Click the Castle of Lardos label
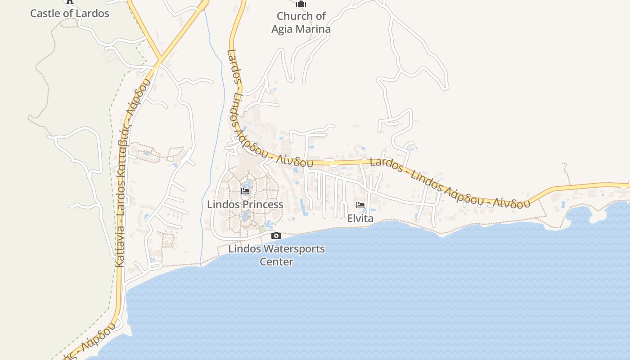tap(70, 13)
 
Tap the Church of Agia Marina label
tap(301, 22)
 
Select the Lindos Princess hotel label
tap(245, 204)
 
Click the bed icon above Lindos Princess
tap(245, 191)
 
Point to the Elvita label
tap(360, 218)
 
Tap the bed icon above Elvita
tap(360, 205)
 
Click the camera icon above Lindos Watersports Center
tap(276, 235)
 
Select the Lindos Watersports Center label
tap(276, 255)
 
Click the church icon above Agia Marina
tap(301, 4)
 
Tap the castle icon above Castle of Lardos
tap(69, 1)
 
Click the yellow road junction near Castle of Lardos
tap(160, 59)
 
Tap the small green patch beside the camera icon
tap(263, 230)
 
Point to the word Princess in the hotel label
tap(263, 204)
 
